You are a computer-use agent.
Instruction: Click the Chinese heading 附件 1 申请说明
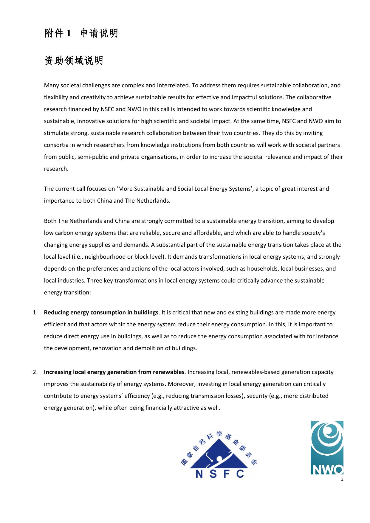pos(81,33)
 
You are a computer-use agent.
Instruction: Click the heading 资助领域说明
pos(74,61)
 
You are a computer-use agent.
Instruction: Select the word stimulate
pos(55,133)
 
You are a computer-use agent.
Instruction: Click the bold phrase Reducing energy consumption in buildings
pos(101,313)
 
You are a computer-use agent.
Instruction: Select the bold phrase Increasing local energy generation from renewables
pos(114,372)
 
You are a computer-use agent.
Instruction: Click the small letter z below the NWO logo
pos(342,479)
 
